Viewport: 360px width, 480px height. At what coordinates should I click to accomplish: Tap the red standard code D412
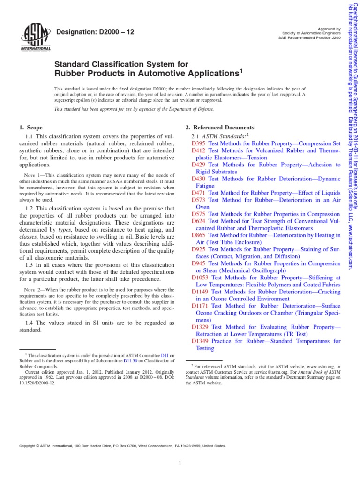[x=199, y=150]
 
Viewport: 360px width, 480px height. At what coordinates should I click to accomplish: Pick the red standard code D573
[x=199, y=200]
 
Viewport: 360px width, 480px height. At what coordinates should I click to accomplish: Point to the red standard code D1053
[x=201, y=277]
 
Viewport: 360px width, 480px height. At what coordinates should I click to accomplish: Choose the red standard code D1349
[x=201, y=341]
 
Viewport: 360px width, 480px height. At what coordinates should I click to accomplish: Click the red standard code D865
[x=199, y=235]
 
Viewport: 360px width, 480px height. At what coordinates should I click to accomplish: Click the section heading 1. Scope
[x=30, y=127]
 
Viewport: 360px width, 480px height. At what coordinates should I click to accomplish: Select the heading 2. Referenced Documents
[x=220, y=127]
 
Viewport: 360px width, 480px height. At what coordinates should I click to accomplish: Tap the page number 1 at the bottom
[x=180, y=464]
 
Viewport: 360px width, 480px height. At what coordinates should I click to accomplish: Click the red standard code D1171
[x=201, y=306]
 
